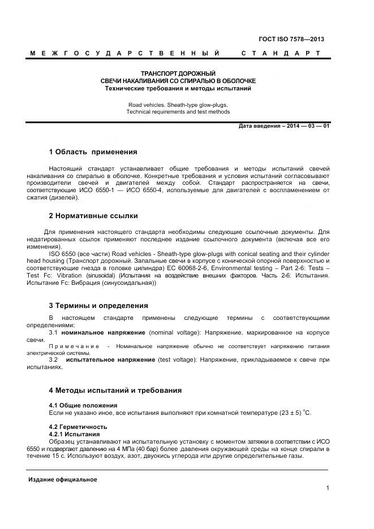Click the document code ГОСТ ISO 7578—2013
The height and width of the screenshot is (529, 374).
(291, 39)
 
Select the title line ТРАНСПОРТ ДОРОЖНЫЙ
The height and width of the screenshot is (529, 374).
(178, 74)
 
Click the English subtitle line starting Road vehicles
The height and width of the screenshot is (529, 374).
(178, 105)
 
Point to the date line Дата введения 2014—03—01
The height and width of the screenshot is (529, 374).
(284, 126)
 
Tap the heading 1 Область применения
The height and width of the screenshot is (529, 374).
(93, 152)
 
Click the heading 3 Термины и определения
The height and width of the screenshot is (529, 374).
(98, 305)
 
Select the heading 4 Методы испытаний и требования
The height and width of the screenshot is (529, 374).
(115, 391)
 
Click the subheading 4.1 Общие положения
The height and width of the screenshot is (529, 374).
(83, 405)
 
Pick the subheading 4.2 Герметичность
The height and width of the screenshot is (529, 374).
(78, 426)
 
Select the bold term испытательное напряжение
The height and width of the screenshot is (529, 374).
(111, 359)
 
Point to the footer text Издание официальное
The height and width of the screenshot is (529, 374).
(63, 480)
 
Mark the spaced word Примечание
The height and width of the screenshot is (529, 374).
(74, 345)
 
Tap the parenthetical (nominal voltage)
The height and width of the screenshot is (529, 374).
(174, 333)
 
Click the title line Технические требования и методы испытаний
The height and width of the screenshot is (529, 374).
(178, 89)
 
